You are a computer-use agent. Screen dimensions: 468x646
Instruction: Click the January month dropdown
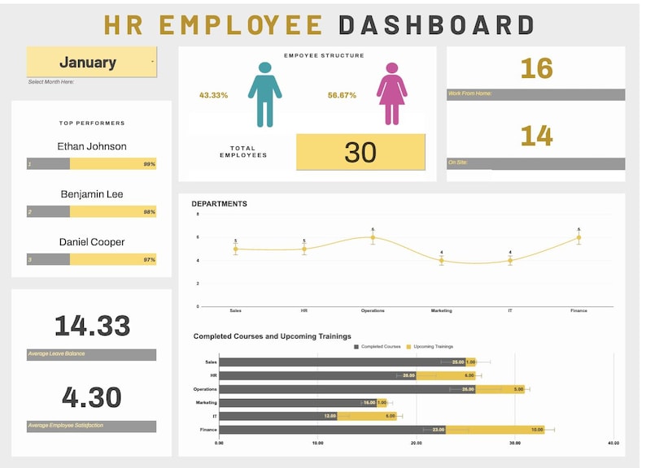point(91,62)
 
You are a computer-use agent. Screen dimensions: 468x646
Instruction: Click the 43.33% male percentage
point(213,95)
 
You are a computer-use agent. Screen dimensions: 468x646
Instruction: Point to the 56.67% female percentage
point(342,95)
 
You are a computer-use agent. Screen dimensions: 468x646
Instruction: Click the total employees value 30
point(360,152)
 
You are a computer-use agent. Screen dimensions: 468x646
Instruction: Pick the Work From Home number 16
point(536,68)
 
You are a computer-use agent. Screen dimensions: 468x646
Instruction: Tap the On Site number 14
point(536,135)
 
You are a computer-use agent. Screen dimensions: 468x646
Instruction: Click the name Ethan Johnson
point(92,146)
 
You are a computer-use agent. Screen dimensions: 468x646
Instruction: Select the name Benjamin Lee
point(92,194)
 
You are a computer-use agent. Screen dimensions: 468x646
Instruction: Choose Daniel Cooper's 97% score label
point(149,259)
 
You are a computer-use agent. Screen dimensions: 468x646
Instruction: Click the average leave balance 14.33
point(92,326)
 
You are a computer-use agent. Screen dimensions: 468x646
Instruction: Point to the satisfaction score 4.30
point(92,397)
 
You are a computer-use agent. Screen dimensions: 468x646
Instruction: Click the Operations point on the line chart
point(373,237)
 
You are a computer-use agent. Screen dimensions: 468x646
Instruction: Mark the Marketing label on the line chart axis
point(441,310)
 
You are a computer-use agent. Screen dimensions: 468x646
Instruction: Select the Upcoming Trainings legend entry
point(430,347)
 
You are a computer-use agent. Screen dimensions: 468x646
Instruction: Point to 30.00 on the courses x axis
point(515,444)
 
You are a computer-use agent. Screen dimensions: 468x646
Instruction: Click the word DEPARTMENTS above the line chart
point(219,204)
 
